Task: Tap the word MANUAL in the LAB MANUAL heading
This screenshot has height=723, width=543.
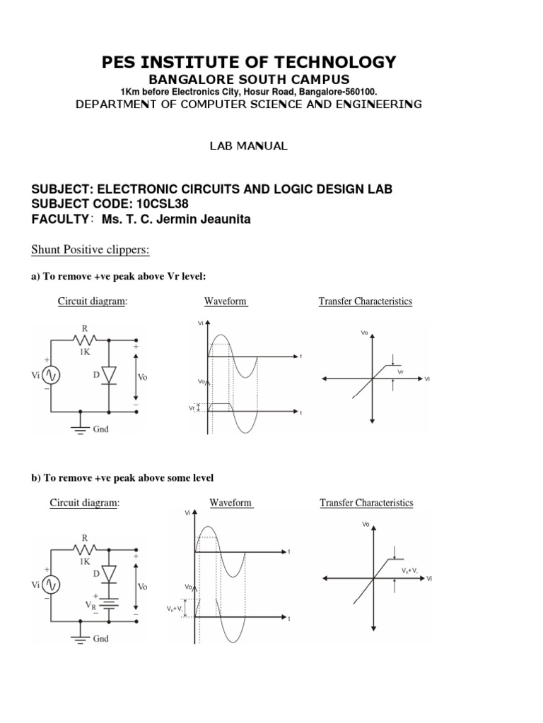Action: coord(264,146)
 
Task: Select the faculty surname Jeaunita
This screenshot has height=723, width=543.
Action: coord(221,220)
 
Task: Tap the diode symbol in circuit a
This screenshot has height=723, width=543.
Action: coord(109,376)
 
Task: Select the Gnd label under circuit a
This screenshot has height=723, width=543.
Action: coord(100,429)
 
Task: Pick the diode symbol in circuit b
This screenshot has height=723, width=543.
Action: coord(109,573)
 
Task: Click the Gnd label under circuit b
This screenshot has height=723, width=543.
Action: coord(100,638)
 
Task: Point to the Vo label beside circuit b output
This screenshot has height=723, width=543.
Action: coord(142,586)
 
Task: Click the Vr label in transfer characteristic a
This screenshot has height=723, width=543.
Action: coord(400,371)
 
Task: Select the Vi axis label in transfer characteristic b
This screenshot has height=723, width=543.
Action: coord(429,578)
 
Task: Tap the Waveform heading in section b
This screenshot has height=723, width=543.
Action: coord(230,503)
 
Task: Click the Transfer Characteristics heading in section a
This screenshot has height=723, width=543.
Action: coord(365,301)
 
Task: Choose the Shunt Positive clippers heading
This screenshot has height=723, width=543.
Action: coord(90,251)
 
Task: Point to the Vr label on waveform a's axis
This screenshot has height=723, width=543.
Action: coord(192,408)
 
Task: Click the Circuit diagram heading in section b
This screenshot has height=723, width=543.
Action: coord(84,503)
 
